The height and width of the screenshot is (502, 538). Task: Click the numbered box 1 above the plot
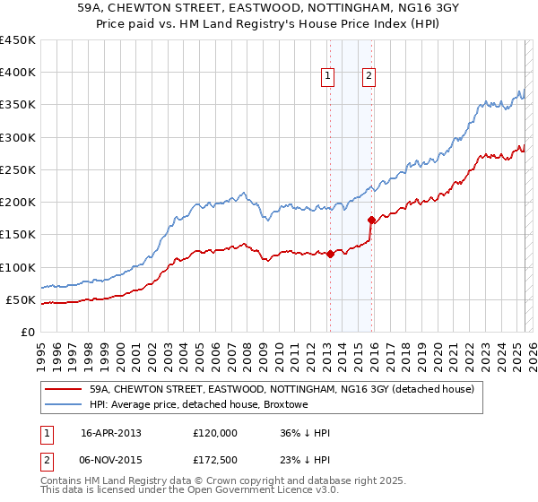click(x=329, y=77)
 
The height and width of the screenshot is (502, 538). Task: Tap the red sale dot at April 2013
click(x=330, y=254)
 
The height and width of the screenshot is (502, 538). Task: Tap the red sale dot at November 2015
click(x=371, y=219)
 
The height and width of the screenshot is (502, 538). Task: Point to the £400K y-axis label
click(x=18, y=73)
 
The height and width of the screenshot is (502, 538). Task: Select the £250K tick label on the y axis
click(x=18, y=169)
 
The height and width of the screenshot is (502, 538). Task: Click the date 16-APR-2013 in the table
click(x=111, y=433)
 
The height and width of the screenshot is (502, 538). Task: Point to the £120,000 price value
click(x=215, y=433)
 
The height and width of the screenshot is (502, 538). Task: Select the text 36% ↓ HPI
click(x=305, y=433)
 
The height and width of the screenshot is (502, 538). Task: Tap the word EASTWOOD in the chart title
click(x=221, y=9)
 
